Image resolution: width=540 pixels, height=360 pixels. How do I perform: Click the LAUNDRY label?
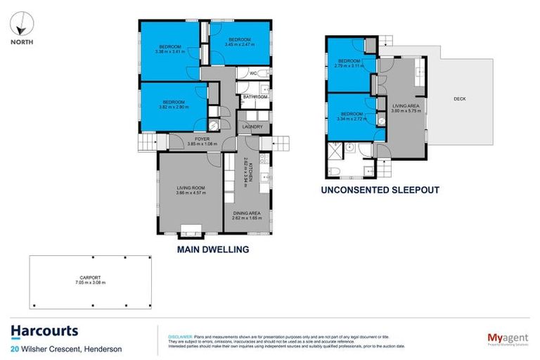click(252, 127)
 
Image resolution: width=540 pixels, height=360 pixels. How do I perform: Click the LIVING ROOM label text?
click(190, 188)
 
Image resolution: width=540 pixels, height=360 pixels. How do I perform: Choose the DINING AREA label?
click(247, 215)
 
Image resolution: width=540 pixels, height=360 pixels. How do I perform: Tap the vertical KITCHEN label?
click(246, 167)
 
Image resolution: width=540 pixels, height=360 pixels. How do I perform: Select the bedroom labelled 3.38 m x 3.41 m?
click(169, 49)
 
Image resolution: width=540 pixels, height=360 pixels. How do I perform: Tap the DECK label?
click(460, 99)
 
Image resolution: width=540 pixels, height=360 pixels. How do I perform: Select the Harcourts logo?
click(44, 331)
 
